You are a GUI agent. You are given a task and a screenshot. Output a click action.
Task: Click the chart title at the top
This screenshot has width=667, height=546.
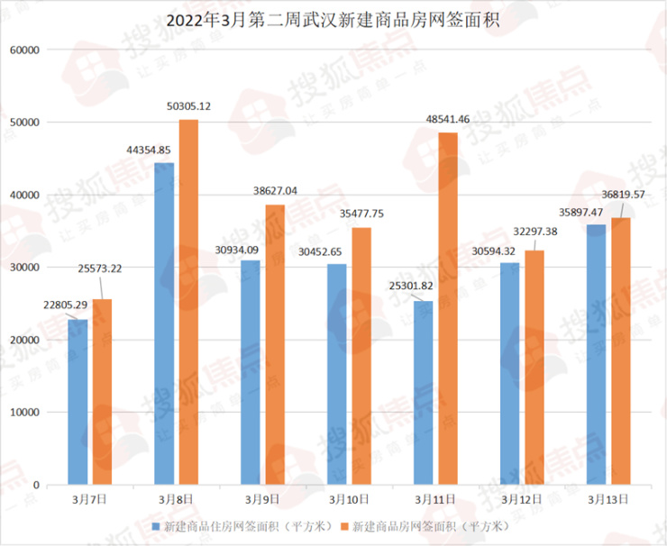(333, 18)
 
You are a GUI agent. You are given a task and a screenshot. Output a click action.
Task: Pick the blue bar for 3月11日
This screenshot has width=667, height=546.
(424, 393)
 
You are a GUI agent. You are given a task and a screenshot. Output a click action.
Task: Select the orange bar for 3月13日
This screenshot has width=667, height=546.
(620, 351)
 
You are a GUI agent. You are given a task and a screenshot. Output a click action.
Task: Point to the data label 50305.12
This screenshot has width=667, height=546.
(188, 106)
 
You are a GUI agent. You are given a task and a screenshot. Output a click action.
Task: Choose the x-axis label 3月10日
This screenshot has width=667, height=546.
(347, 497)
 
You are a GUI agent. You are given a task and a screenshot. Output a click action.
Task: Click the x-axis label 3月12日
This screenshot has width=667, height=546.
(521, 497)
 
